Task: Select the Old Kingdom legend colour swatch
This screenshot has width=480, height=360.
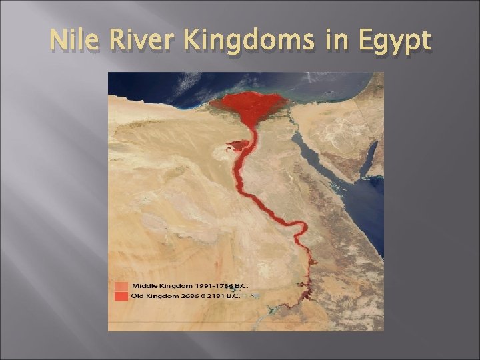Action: pos(121,295)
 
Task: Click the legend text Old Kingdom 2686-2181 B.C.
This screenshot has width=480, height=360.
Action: pos(189,295)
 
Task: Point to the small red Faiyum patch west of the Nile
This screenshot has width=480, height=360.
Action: pos(235,145)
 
